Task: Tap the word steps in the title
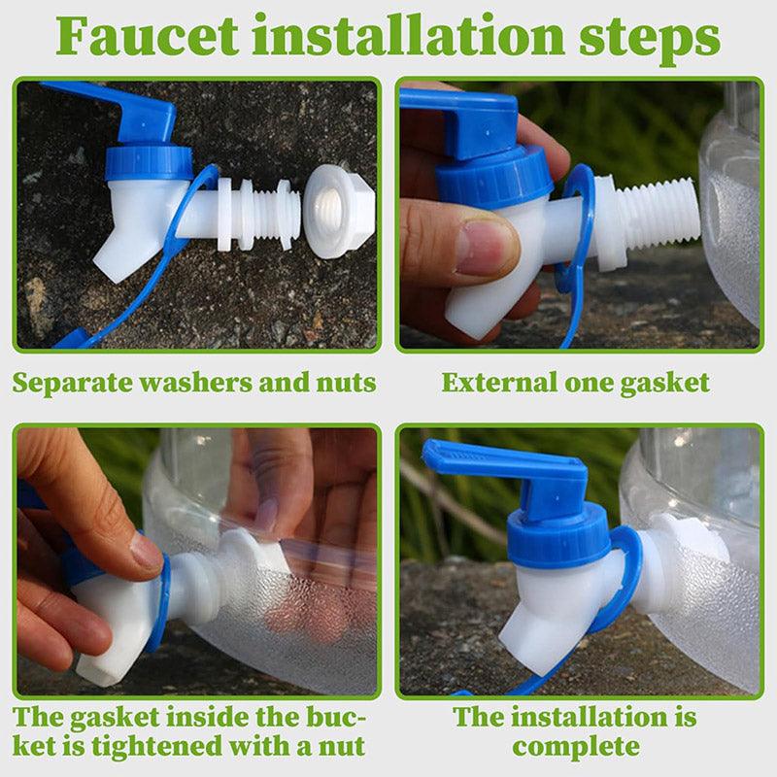click(x=649, y=40)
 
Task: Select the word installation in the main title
click(x=408, y=36)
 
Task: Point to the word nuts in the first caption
click(x=347, y=384)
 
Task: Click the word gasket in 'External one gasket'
click(x=664, y=384)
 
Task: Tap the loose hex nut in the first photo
click(x=339, y=212)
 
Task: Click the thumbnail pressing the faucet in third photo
click(x=145, y=552)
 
